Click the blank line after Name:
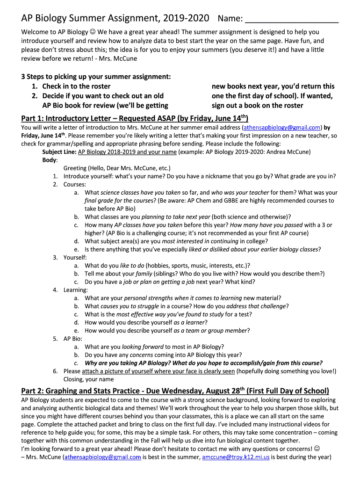click(x=292, y=20)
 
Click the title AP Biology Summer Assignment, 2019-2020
click(x=115, y=19)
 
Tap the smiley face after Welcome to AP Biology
click(x=93, y=32)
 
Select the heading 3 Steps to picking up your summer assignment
click(x=96, y=77)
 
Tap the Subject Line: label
click(x=59, y=152)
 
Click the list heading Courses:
click(x=74, y=184)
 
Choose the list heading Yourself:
click(x=75, y=257)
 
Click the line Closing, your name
click(x=88, y=379)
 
